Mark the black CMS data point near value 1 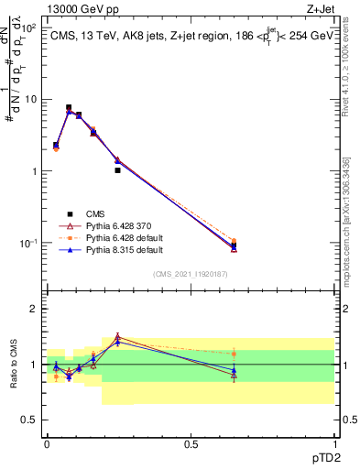point(117,170)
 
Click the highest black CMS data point point(69,107)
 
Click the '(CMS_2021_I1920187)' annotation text point(190,273)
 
